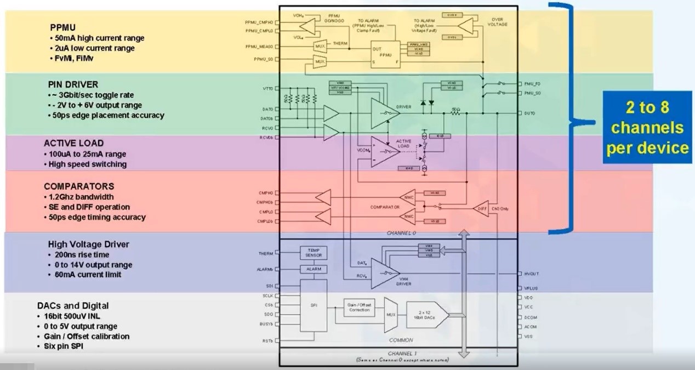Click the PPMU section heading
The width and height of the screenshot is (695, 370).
[x=62, y=27]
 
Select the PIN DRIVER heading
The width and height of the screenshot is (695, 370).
[x=73, y=84]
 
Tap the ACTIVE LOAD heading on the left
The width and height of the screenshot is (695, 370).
[x=73, y=143]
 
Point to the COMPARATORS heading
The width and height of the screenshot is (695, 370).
[x=79, y=186]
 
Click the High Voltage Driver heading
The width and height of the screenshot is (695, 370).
[x=88, y=244]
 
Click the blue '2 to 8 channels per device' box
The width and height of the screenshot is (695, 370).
[x=647, y=128]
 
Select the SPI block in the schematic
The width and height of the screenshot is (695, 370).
[x=314, y=305]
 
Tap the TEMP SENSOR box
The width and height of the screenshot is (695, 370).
[x=314, y=253]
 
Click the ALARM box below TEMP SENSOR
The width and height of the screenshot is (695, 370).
[x=314, y=270]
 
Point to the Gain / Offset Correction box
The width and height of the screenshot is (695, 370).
[x=360, y=307]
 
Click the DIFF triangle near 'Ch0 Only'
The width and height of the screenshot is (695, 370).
[x=481, y=209]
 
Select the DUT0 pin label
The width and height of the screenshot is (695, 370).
[x=529, y=113]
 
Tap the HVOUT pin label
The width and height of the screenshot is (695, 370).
[x=531, y=274]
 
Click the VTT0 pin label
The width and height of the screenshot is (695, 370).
[x=268, y=88]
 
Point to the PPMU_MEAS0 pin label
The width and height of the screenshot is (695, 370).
[x=259, y=47]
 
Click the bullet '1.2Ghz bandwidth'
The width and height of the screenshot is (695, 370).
[x=82, y=197]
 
